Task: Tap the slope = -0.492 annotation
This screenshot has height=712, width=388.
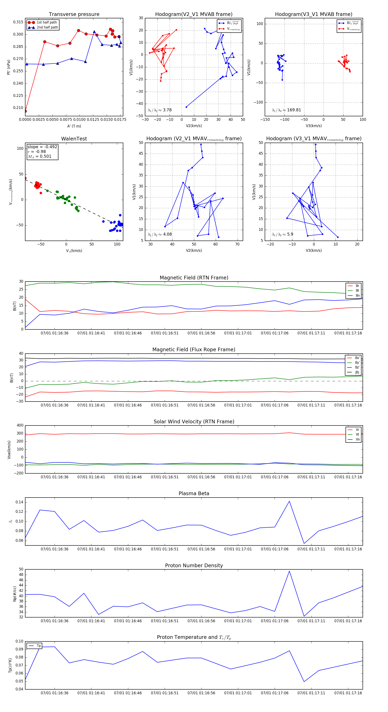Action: [x=42, y=147]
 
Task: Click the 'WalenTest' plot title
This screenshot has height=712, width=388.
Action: [x=74, y=139]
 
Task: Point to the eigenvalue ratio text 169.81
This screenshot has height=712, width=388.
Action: [x=294, y=110]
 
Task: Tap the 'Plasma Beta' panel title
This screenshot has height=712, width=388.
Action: [x=194, y=493]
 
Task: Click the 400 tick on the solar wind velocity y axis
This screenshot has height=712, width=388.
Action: [x=20, y=425]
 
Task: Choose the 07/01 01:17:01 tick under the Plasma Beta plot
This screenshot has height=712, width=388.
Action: [x=238, y=549]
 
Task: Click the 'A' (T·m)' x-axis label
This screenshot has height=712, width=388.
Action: [x=74, y=126]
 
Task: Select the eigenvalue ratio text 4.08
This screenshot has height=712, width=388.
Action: [x=167, y=234]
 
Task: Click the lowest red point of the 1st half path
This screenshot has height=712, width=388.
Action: [x=25, y=111]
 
